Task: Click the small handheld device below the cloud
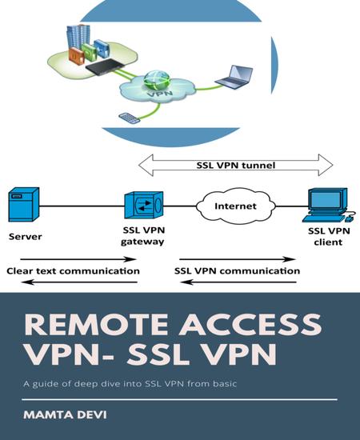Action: pos(128,118)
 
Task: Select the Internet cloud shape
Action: pos(236,206)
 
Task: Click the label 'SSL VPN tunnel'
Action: pos(235,166)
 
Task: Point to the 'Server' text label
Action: pos(25,237)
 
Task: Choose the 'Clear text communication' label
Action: pos(72,271)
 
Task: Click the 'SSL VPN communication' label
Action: pos(237,271)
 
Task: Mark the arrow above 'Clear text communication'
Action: pos(77,259)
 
